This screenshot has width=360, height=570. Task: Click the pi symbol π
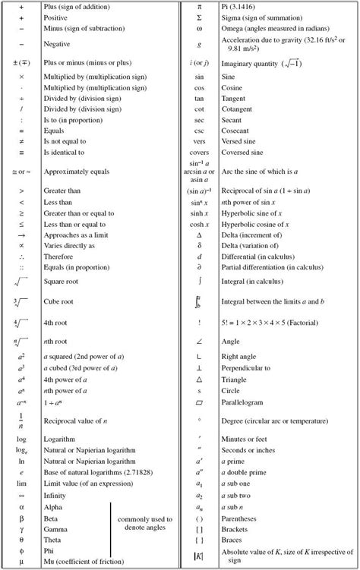(198, 6)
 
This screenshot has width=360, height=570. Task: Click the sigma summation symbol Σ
(198, 17)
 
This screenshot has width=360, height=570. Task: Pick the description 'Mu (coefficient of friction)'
(83, 562)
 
